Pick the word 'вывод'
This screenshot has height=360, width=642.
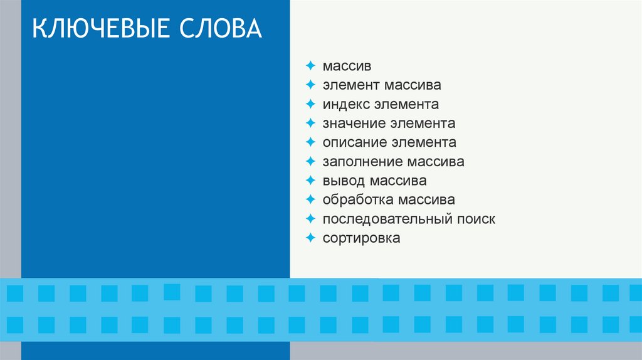(x=343, y=181)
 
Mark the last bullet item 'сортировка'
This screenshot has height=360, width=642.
(x=361, y=238)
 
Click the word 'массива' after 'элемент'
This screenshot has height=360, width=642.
(x=413, y=85)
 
